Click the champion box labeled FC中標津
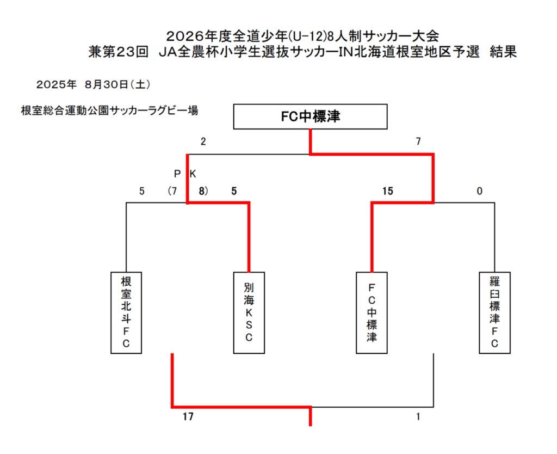[x=310, y=116]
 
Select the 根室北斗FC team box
[x=126, y=312]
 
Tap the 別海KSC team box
[x=249, y=312]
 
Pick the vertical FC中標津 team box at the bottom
[x=372, y=312]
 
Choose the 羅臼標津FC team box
[x=494, y=312]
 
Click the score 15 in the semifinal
[x=387, y=191]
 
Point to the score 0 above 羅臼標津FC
[x=479, y=191]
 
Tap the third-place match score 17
[x=188, y=418]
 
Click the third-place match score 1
[x=418, y=418]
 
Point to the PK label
[x=185, y=174]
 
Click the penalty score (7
[x=172, y=191]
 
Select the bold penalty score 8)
[x=203, y=191]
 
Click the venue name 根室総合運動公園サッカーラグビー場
[x=109, y=111]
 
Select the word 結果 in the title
[x=503, y=52]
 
